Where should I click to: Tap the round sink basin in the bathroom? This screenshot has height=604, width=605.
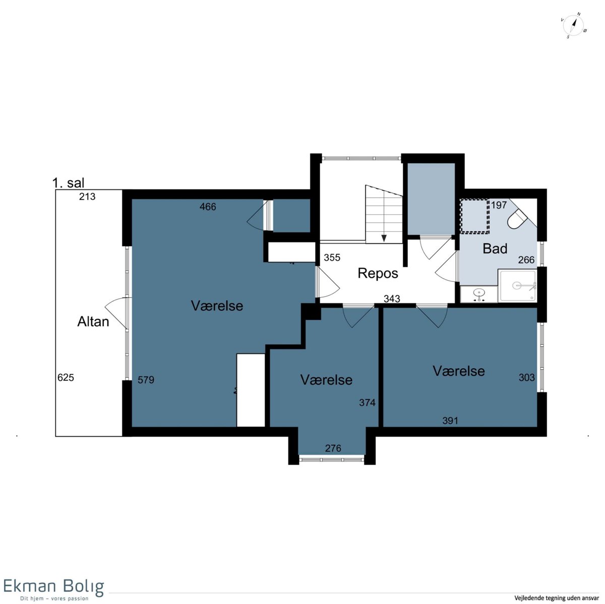pyautogui.click(x=479, y=293)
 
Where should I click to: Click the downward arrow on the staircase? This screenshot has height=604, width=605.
pyautogui.click(x=384, y=238)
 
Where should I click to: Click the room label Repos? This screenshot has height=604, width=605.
pyautogui.click(x=378, y=274)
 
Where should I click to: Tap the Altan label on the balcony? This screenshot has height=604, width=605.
pyautogui.click(x=93, y=322)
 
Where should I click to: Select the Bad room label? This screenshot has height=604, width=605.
pyautogui.click(x=495, y=248)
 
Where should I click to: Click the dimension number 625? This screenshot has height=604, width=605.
pyautogui.click(x=66, y=377)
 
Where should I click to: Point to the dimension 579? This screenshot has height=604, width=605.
pyautogui.click(x=146, y=380)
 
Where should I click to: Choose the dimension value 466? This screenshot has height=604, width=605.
pyautogui.click(x=208, y=207)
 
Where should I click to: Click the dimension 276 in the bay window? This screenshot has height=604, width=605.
pyautogui.click(x=333, y=448)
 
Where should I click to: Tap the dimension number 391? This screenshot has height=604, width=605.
pyautogui.click(x=450, y=421)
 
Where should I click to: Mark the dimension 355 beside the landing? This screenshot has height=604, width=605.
pyautogui.click(x=332, y=257)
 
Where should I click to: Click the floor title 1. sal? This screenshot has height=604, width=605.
pyautogui.click(x=68, y=183)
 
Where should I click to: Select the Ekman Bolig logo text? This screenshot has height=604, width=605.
pyautogui.click(x=53, y=586)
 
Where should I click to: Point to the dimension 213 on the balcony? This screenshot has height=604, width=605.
pyautogui.click(x=87, y=196)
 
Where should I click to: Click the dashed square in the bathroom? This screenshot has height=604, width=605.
pyautogui.click(x=474, y=216)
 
